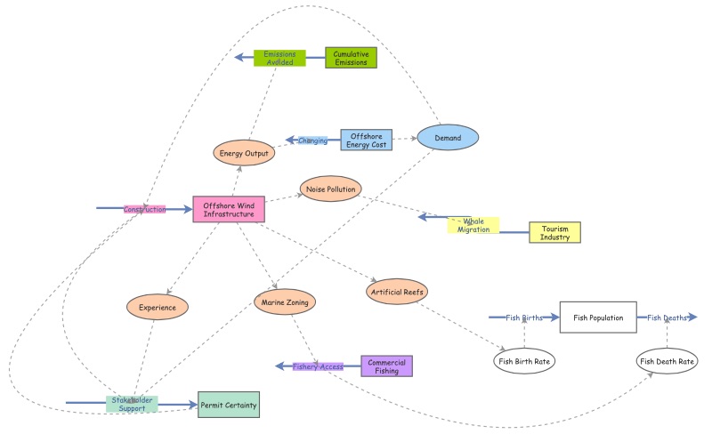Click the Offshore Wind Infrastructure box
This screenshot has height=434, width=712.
[x=230, y=210]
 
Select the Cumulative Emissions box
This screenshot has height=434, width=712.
[x=351, y=58]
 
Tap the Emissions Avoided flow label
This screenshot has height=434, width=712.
[x=279, y=58]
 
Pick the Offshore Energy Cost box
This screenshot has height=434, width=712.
[x=367, y=140]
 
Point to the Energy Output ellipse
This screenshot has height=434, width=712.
[x=244, y=153]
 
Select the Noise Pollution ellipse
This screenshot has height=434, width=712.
[x=329, y=189]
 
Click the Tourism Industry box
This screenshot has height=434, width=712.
[x=554, y=232]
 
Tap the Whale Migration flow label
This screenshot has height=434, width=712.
[x=473, y=225]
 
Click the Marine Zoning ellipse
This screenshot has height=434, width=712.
[x=285, y=302]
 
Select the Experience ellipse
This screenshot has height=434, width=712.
[x=158, y=307]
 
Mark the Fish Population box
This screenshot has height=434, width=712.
[x=598, y=317]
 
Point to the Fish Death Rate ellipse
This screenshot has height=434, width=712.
[x=667, y=360]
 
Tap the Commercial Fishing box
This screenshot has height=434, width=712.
[x=386, y=366]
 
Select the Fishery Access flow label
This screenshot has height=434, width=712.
[x=318, y=366]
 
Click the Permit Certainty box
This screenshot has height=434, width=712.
[x=228, y=406]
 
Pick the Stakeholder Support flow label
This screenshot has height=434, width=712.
[x=132, y=404]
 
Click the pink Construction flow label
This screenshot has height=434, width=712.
[x=144, y=209]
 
